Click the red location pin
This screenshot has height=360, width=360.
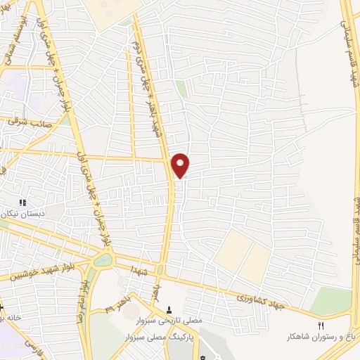tap(181, 165)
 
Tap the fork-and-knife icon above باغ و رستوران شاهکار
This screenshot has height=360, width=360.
tap(321, 325)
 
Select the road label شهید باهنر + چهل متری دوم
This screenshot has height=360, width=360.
tap(151, 77)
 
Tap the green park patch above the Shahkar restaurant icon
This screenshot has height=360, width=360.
tap(330, 302)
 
